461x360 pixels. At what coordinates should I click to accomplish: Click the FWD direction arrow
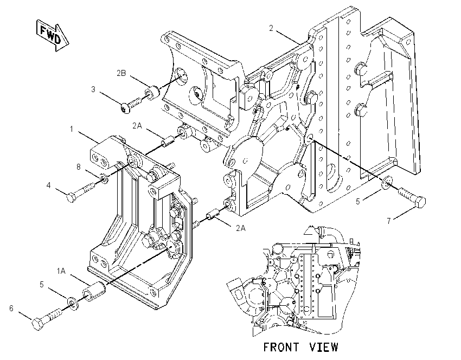click(52, 35)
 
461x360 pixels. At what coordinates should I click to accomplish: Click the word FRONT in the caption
click(281, 347)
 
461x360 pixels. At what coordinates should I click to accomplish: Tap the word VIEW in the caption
click(324, 347)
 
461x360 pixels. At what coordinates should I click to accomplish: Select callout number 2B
click(121, 73)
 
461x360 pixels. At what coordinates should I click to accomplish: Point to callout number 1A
click(61, 271)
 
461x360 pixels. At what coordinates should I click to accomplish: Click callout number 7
click(389, 221)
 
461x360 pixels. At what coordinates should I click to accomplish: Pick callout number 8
click(79, 167)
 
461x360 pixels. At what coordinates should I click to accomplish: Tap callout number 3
click(93, 89)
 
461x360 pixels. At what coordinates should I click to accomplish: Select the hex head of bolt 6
click(37, 324)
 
